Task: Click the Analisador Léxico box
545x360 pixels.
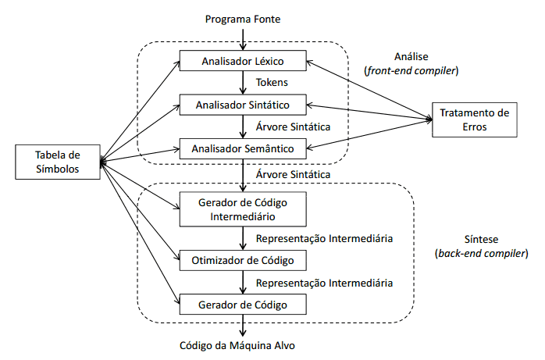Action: point(243,60)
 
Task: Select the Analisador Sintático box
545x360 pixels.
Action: point(243,104)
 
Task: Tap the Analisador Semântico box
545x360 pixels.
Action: point(243,147)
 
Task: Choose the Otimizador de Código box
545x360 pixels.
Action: point(243,260)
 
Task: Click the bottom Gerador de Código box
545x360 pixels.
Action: point(243,304)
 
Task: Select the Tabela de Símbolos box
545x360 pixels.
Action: point(57,160)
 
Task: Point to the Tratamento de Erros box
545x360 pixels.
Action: point(474,119)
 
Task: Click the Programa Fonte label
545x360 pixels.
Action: point(243,18)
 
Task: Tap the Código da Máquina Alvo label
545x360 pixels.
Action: point(243,345)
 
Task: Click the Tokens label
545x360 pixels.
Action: point(272,82)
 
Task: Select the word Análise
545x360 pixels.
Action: point(411,57)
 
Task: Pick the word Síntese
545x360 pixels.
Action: point(481,241)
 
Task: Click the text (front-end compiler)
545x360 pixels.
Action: point(411,70)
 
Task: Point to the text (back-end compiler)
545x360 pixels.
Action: point(481,254)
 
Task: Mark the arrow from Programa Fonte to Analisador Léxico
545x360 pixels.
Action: point(243,37)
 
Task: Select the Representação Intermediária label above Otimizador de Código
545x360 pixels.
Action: point(323,238)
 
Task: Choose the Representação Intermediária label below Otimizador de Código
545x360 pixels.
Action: point(323,282)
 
